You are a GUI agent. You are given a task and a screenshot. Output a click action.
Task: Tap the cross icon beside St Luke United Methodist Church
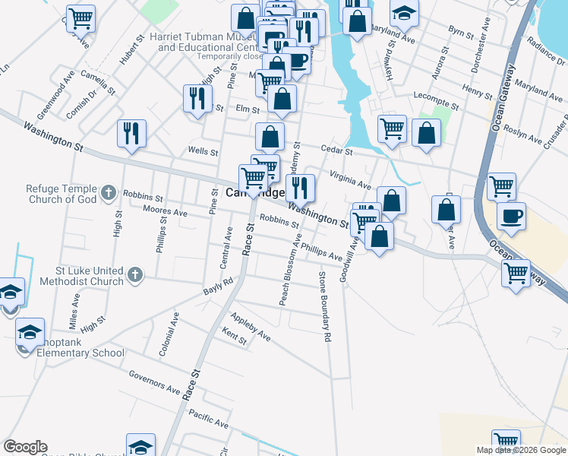(135, 275)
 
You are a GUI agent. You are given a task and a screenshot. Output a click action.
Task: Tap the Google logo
(25, 447)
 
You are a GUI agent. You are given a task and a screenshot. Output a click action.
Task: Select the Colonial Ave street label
(167, 336)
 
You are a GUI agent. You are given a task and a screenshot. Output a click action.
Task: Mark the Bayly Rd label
(218, 286)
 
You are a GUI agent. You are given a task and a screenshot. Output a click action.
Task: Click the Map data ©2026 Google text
(521, 449)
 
